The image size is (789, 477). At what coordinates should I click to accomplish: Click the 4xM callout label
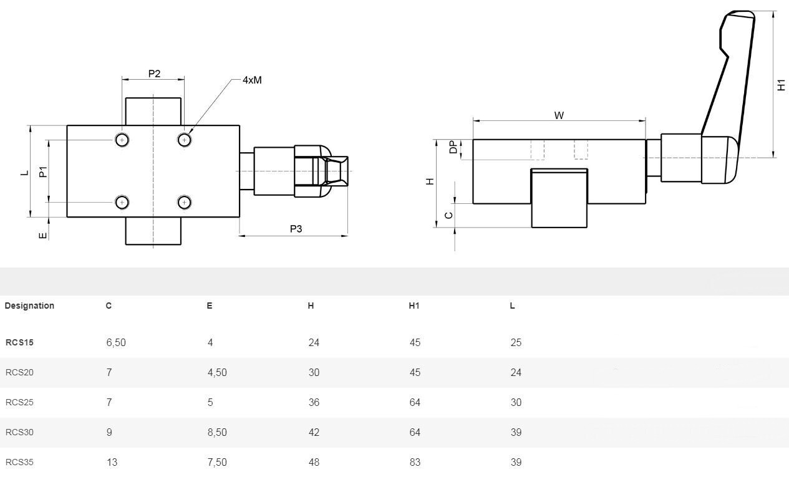[252, 80]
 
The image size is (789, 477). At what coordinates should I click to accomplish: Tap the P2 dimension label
[154, 74]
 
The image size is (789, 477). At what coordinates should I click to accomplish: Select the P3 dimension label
[296, 229]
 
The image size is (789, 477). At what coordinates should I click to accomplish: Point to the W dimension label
[559, 115]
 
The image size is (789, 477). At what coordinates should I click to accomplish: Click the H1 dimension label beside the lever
[781, 85]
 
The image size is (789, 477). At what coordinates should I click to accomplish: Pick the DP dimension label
[453, 147]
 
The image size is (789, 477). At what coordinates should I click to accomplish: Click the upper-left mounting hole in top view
[122, 140]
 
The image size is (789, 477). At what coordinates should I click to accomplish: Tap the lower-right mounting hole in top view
[184, 202]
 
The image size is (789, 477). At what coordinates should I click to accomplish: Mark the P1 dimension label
[43, 171]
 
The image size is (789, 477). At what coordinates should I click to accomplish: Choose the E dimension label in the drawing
[43, 236]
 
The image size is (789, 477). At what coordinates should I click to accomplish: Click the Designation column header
[29, 306]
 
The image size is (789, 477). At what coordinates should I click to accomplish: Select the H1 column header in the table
[414, 306]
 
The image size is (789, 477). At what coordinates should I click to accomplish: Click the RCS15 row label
[19, 342]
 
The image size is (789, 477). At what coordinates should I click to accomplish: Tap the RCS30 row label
[19, 432]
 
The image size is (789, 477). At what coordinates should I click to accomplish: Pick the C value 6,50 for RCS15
[116, 342]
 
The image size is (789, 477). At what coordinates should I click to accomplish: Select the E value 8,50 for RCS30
[217, 432]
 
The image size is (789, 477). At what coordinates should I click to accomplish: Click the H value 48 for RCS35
[314, 462]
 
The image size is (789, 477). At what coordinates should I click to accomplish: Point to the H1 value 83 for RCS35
[415, 462]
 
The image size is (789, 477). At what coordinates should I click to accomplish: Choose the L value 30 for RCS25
[516, 402]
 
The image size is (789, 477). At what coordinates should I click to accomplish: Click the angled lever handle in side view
[724, 81]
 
